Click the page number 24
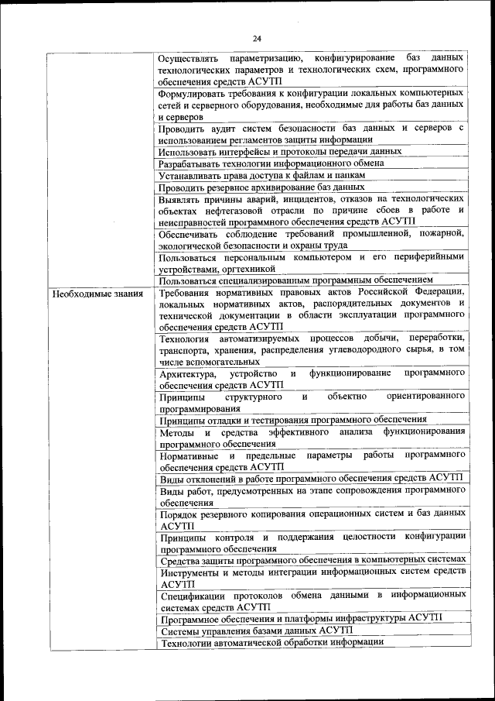pyautogui.click(x=258, y=39)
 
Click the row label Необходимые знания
pyautogui.click(x=97, y=294)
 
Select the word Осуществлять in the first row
pyautogui.click(x=187, y=59)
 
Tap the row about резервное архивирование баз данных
pyautogui.click(x=261, y=187)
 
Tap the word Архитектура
pyautogui.click(x=186, y=373)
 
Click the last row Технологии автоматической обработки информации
pyautogui.click(x=271, y=642)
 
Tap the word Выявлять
pyautogui.click(x=181, y=198)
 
